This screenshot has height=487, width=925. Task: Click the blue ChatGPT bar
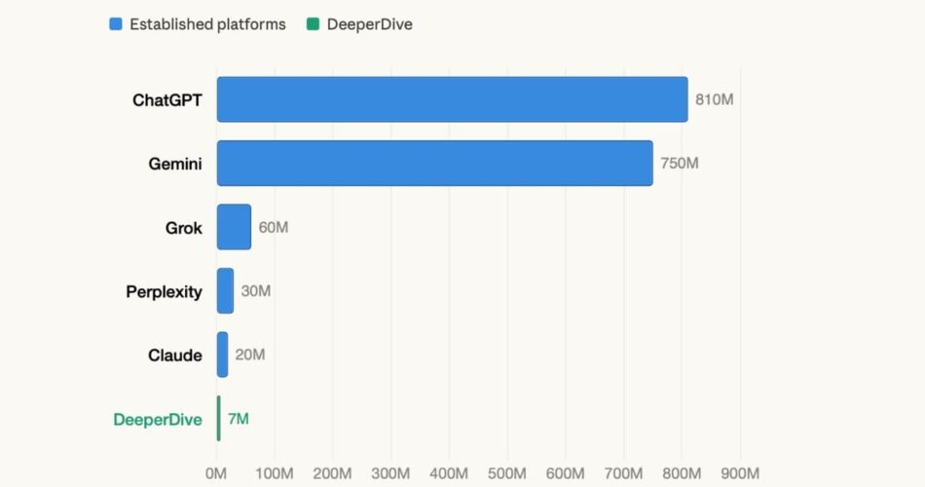tap(452, 99)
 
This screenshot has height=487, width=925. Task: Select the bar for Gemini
tap(434, 163)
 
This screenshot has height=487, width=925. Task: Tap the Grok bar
tap(234, 227)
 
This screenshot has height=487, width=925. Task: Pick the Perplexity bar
tap(225, 291)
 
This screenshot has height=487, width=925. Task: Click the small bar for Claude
tap(222, 355)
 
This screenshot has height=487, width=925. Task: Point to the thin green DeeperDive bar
tap(219, 419)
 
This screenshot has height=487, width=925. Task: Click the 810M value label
tap(714, 99)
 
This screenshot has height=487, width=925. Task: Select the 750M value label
tap(680, 163)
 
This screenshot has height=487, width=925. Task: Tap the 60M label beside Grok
tap(274, 227)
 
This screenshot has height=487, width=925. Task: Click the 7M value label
tap(239, 419)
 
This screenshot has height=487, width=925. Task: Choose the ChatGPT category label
tap(167, 99)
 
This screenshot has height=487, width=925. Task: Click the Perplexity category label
tap(164, 291)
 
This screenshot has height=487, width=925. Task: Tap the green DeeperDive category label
tap(158, 420)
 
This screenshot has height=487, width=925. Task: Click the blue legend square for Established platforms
tap(116, 24)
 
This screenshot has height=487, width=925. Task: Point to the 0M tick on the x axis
tap(216, 473)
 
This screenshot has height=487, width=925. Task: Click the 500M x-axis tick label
tap(507, 473)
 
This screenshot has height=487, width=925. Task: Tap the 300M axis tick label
tap(390, 473)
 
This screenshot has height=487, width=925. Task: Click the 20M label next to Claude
tap(250, 355)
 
